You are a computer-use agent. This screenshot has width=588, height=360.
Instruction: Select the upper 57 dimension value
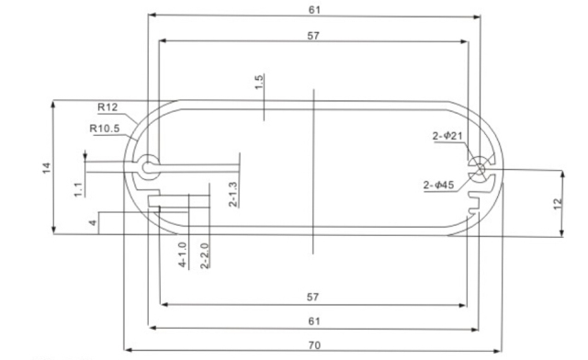(x=314, y=34)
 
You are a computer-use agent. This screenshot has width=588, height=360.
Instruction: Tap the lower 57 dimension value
(x=314, y=298)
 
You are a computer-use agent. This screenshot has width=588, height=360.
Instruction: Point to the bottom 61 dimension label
(x=314, y=320)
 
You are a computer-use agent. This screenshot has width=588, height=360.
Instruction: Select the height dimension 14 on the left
(x=46, y=166)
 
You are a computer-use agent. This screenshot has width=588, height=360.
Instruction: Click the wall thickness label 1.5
(x=260, y=82)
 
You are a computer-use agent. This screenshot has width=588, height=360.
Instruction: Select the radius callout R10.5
(x=105, y=129)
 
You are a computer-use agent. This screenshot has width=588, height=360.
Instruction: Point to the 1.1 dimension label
(x=78, y=189)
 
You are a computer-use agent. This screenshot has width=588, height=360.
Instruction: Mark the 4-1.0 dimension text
(x=183, y=254)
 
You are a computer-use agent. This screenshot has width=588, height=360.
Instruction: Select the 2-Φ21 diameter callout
(x=451, y=137)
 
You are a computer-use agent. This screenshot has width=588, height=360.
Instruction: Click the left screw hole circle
(x=148, y=167)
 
